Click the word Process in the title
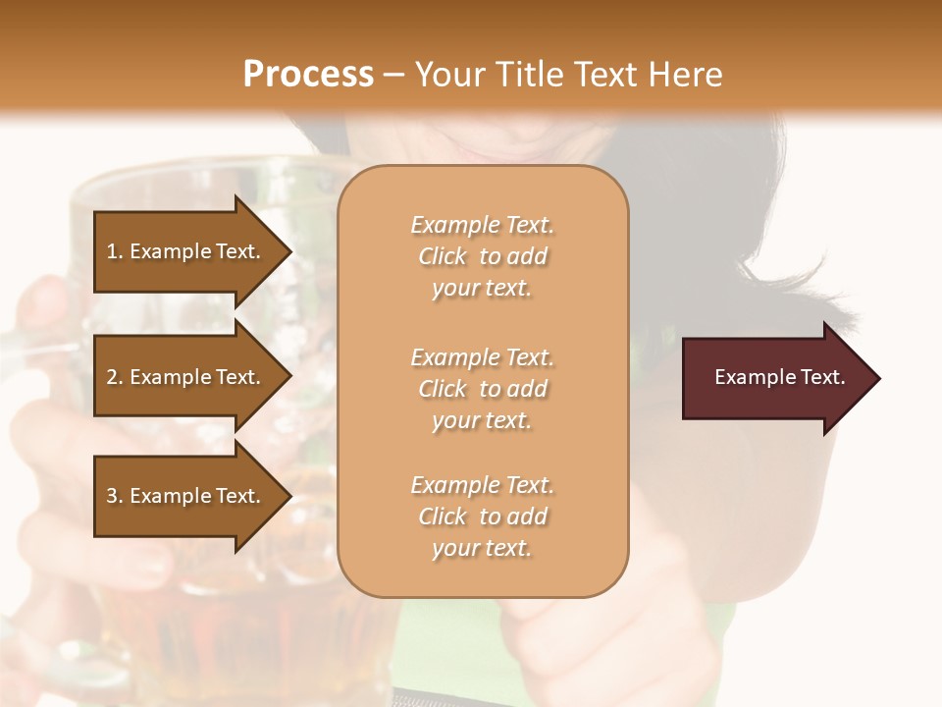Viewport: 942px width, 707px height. pos(308,75)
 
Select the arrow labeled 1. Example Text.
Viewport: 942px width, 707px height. pos(186,251)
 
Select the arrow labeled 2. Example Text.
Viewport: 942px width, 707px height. pos(186,377)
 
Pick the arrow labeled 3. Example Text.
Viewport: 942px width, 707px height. pos(186,496)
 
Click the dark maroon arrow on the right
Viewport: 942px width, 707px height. pos(775,378)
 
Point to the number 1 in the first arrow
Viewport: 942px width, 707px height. pos(112,251)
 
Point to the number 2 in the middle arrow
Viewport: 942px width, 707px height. pos(112,377)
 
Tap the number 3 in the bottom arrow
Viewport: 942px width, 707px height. pos(112,496)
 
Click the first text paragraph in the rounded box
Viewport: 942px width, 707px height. pos(482,256)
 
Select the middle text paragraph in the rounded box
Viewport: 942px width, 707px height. pos(482,389)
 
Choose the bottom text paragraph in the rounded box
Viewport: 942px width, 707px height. pos(482,517)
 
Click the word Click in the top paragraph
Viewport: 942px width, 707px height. pos(443,256)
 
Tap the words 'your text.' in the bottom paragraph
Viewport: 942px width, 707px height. pos(482,549)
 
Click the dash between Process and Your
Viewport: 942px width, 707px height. pos(394,75)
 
